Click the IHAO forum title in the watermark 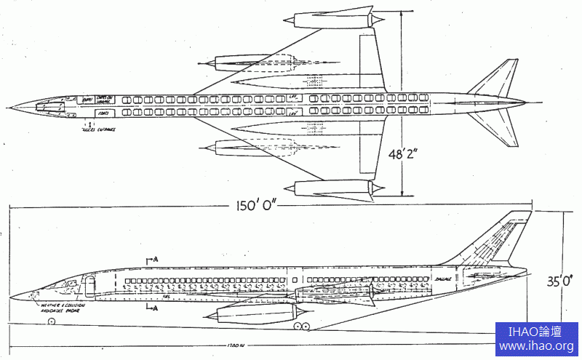[x=538, y=332]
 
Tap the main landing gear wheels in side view [x=301, y=327]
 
